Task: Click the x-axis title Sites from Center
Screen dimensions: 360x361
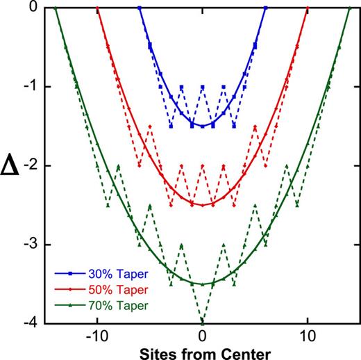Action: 202,352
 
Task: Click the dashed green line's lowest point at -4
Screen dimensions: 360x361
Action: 202,322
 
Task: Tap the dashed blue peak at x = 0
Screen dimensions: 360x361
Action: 202,86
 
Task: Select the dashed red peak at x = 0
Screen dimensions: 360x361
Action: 202,165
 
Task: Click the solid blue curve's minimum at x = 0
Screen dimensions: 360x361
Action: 202,126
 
